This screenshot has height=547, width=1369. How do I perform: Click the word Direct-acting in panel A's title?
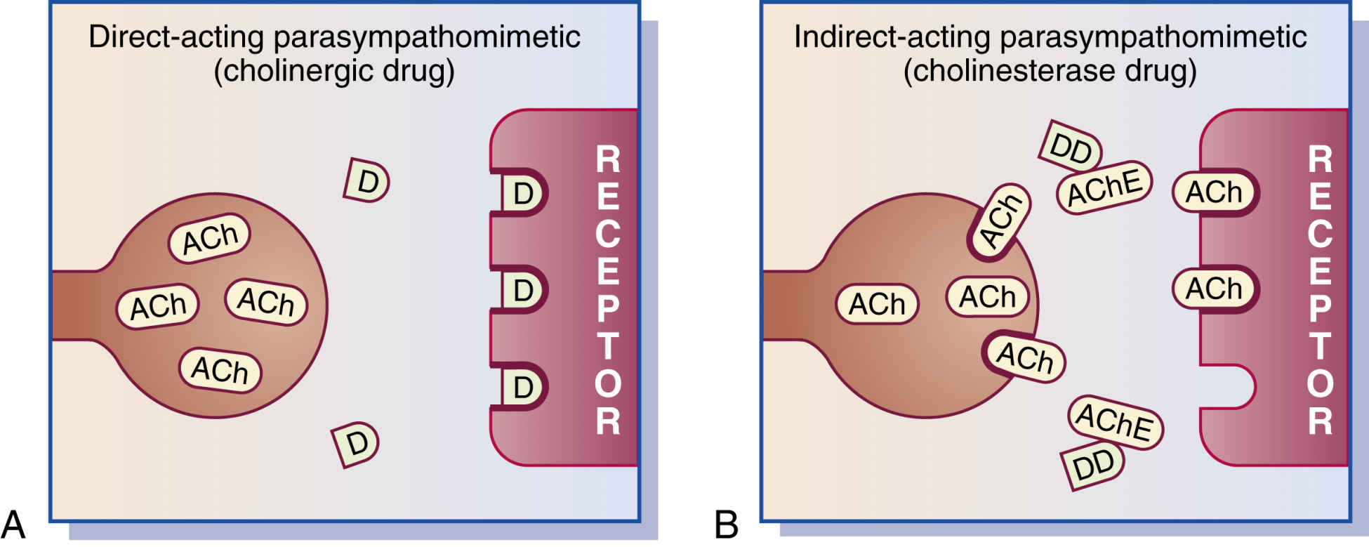tap(176, 37)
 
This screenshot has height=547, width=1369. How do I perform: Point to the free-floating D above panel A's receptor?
tap(366, 181)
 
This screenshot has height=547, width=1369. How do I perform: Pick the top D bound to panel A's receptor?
tap(523, 192)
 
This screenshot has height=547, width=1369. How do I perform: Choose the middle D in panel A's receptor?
tap(523, 289)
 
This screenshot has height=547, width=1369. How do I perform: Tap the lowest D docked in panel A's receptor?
tap(523, 387)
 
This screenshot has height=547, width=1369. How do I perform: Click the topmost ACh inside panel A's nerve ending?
tap(209, 238)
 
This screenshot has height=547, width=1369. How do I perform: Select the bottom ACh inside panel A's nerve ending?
tap(220, 369)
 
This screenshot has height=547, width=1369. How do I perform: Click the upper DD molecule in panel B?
tap(1070, 148)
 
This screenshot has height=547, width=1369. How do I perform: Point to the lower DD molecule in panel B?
tap(1094, 464)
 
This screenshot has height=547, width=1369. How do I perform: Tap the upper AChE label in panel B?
tap(1104, 187)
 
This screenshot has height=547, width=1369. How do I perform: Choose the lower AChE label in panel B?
tap(1115, 423)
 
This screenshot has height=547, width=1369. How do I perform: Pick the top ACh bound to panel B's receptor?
tap(1214, 192)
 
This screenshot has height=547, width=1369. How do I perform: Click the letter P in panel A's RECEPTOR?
tap(608, 308)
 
